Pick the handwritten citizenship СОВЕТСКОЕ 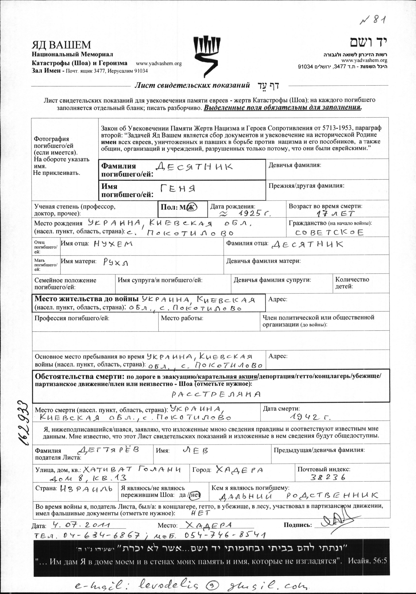click(x=330, y=232)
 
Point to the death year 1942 click(x=310, y=417)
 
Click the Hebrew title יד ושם click(x=368, y=42)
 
